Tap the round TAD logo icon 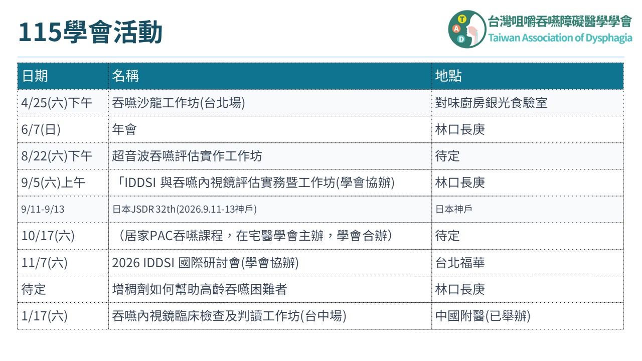click(x=467, y=29)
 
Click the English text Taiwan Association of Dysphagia click(x=560, y=38)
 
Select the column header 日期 click(x=35, y=76)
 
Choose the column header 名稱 click(x=125, y=76)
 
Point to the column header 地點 click(x=448, y=76)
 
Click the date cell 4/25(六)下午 click(x=57, y=103)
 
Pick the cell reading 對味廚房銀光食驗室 click(x=491, y=103)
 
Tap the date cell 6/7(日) click(x=41, y=129)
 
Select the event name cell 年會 click(x=124, y=129)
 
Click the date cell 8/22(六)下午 click(x=57, y=156)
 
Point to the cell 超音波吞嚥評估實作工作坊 click(x=187, y=156)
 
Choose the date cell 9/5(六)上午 click(x=53, y=183)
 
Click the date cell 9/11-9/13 click(x=43, y=209)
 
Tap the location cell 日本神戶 click(x=454, y=209)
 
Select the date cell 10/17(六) click(x=48, y=236)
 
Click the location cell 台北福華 click(x=460, y=263)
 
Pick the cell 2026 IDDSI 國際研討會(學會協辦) click(x=205, y=263)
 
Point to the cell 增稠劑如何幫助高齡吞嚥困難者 click(x=200, y=289)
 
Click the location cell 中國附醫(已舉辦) click(x=483, y=316)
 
